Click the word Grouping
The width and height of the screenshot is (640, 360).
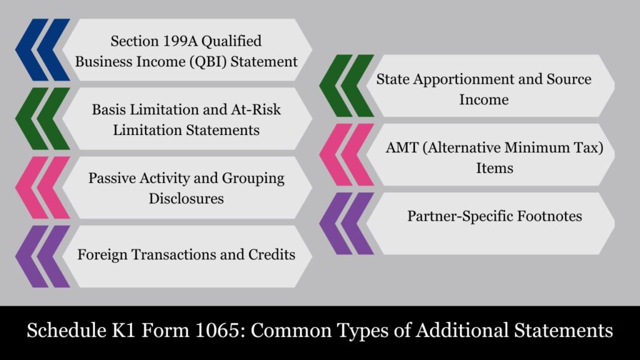[x=253, y=179]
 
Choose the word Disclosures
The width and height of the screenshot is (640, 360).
[x=186, y=199]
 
